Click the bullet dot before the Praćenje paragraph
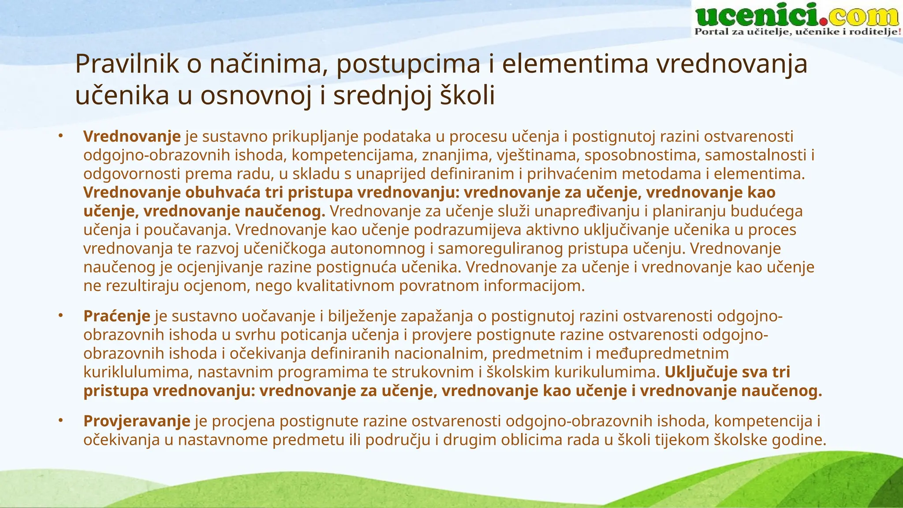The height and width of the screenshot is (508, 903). [x=61, y=316]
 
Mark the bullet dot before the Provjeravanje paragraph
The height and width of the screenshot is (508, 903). [x=61, y=421]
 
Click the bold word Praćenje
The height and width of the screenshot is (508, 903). [x=117, y=316]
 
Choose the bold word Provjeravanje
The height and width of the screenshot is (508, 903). [x=137, y=421]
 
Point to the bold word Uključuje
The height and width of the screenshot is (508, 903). [x=701, y=372]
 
